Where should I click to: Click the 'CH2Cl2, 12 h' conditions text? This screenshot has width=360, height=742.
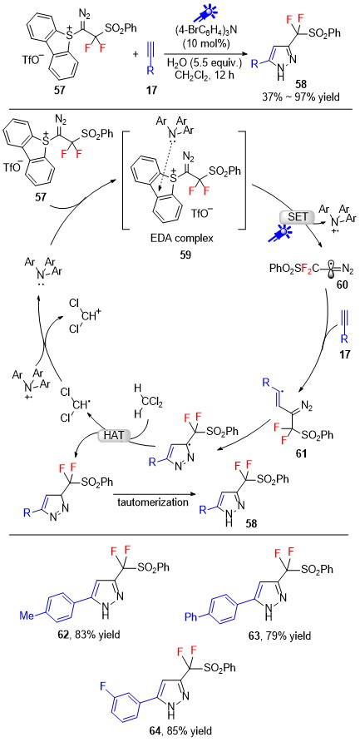click(200, 75)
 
